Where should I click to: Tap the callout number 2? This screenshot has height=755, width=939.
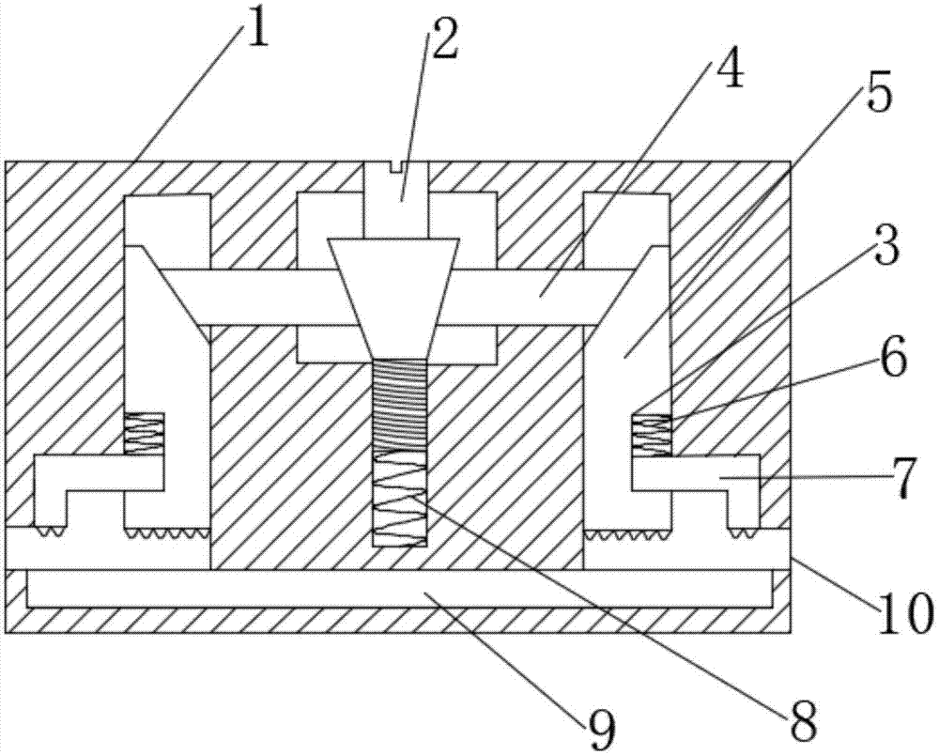(443, 39)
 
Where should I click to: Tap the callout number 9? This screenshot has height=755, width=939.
(600, 731)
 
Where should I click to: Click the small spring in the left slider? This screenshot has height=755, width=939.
(144, 434)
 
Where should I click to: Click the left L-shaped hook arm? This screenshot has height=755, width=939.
(96, 473)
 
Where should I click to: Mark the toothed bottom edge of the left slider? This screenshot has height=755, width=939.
(167, 532)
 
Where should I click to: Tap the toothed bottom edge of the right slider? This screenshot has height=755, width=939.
(628, 532)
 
